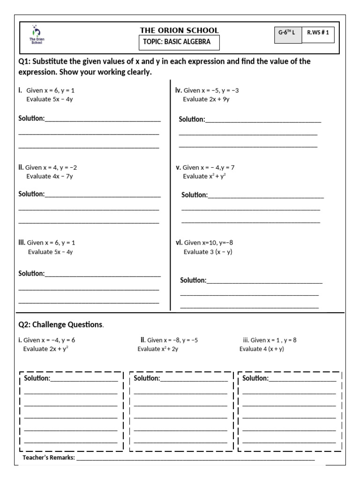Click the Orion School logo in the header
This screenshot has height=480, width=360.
37,34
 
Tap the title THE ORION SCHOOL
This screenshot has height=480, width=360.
180,30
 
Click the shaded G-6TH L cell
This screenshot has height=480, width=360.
287,34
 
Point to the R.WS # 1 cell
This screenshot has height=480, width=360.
318,34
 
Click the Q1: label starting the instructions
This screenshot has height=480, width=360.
25,62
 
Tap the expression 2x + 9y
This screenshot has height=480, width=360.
206,99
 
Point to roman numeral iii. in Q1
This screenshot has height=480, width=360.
22,242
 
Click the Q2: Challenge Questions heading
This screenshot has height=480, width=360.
60,324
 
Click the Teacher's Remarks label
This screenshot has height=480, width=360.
49,458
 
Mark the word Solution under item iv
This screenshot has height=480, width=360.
192,120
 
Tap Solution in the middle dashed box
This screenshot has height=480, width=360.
147,378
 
